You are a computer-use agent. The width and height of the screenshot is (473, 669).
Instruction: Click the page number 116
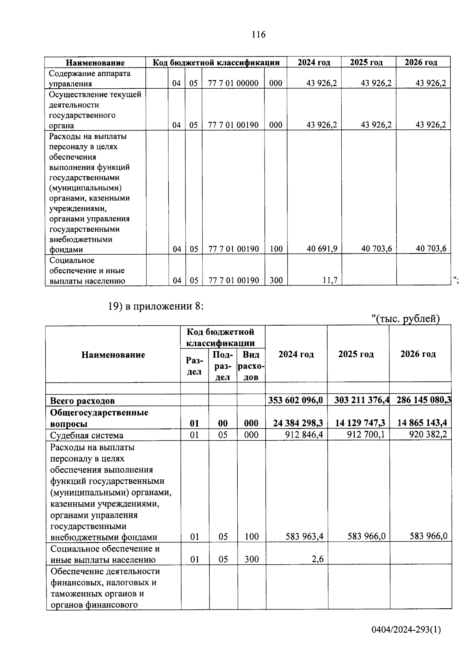(x=259, y=35)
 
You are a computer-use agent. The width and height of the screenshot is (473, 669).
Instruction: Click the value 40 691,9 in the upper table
(x=322, y=249)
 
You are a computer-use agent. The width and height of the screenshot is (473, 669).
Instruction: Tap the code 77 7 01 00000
(x=233, y=83)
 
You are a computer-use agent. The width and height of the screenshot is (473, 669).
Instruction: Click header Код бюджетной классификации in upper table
(x=216, y=62)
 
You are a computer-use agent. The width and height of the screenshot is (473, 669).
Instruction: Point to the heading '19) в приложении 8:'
(x=156, y=306)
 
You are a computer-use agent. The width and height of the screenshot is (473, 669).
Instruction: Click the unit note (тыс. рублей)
(x=406, y=319)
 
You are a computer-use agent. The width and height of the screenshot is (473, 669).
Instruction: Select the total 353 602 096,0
(x=296, y=400)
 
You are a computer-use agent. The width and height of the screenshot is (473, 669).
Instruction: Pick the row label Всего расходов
(x=82, y=401)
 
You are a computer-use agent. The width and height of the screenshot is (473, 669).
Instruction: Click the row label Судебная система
(x=87, y=435)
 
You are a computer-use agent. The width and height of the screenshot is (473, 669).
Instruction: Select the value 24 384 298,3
(x=298, y=423)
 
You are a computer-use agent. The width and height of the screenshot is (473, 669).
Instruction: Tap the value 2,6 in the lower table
(x=318, y=559)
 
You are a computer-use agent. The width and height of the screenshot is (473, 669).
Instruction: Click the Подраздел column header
(x=223, y=365)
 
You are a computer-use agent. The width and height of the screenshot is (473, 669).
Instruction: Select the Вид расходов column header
(x=251, y=365)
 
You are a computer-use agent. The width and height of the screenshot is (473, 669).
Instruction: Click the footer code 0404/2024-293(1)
(x=406, y=641)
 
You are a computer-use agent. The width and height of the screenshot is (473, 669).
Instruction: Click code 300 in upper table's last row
(x=276, y=281)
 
